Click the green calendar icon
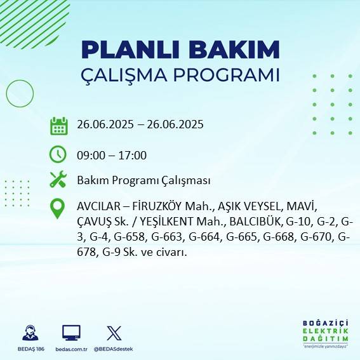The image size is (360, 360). click(x=58, y=125)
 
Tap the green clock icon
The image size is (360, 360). click(x=58, y=154)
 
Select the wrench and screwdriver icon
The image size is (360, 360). click(x=58, y=180)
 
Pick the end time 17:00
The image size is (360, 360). click(x=133, y=155)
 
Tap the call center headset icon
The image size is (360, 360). click(x=29, y=333)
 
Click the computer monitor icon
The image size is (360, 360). click(x=71, y=333)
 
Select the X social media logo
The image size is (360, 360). click(x=114, y=333)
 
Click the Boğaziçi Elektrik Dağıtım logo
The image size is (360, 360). click(x=325, y=335)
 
